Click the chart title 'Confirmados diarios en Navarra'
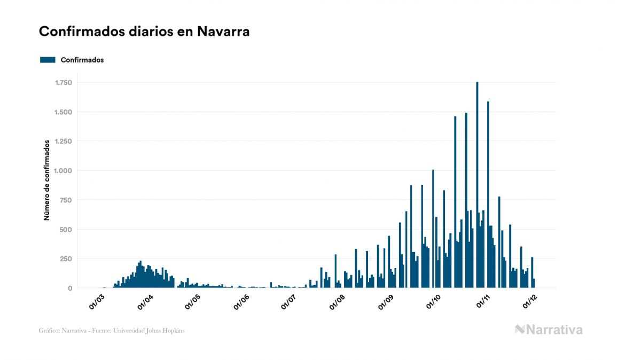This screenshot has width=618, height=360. click(144, 32)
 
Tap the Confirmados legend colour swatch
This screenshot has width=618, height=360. click(48, 60)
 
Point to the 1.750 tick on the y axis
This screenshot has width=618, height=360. click(63, 83)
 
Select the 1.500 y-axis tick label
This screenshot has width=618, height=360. click(63, 112)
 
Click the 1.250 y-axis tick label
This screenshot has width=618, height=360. click(63, 142)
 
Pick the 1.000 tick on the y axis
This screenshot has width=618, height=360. click(63, 171)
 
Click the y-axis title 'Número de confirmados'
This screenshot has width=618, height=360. click(47, 181)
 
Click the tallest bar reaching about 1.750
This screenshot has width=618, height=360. click(477, 187)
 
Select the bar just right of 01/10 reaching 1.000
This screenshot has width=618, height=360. click(433, 230)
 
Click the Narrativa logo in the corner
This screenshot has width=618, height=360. click(549, 330)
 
